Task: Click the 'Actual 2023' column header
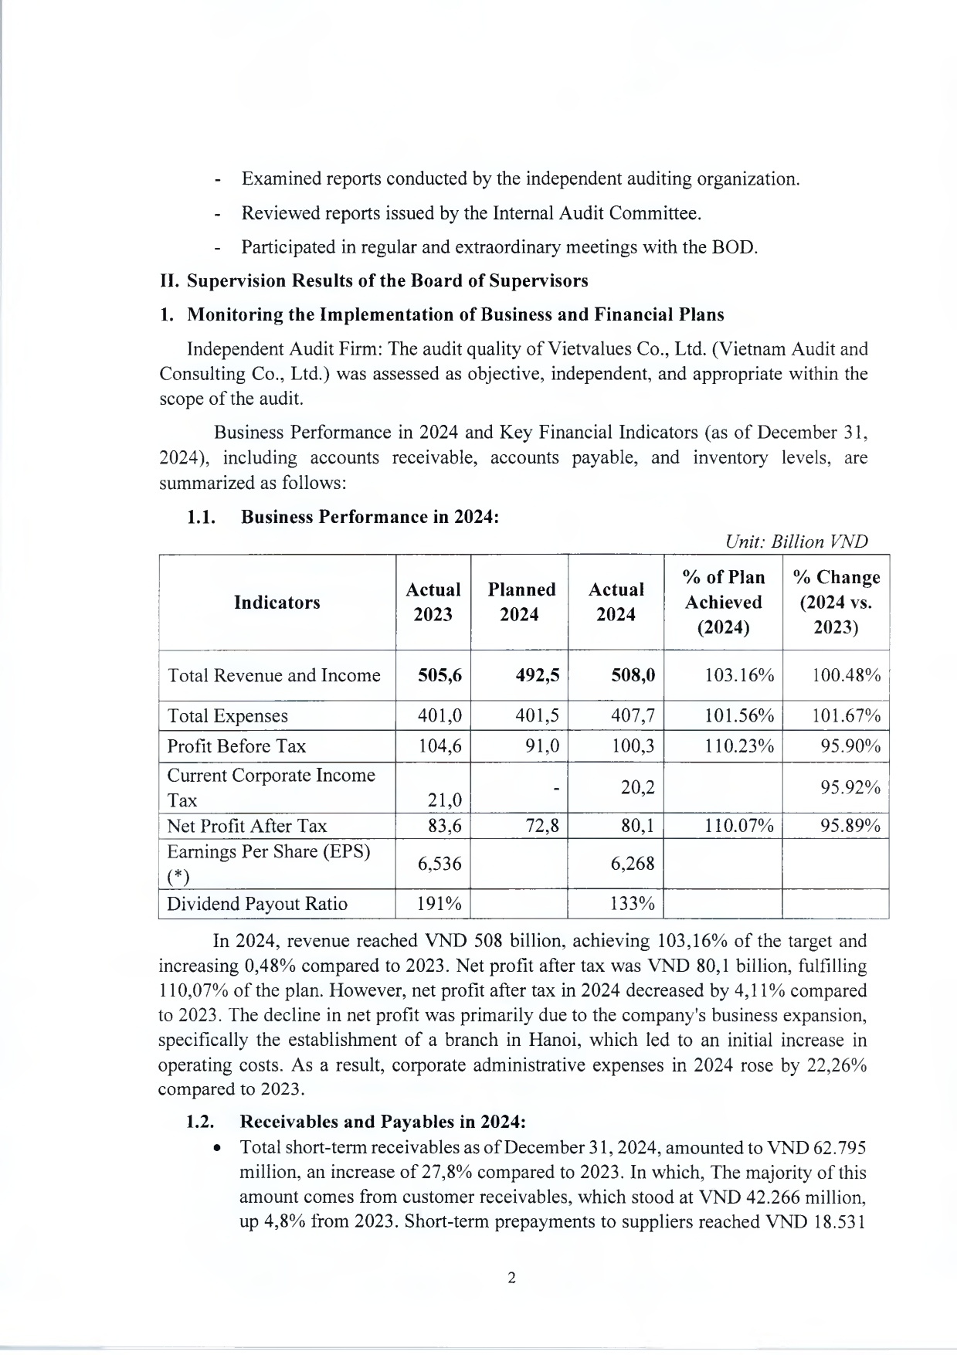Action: [x=433, y=602]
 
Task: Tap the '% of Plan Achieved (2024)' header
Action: [x=723, y=602]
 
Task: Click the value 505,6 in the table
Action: [x=439, y=675]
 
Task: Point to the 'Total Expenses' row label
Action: [x=228, y=716]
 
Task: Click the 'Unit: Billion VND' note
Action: [x=797, y=542]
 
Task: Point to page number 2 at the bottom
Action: [x=511, y=1278]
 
